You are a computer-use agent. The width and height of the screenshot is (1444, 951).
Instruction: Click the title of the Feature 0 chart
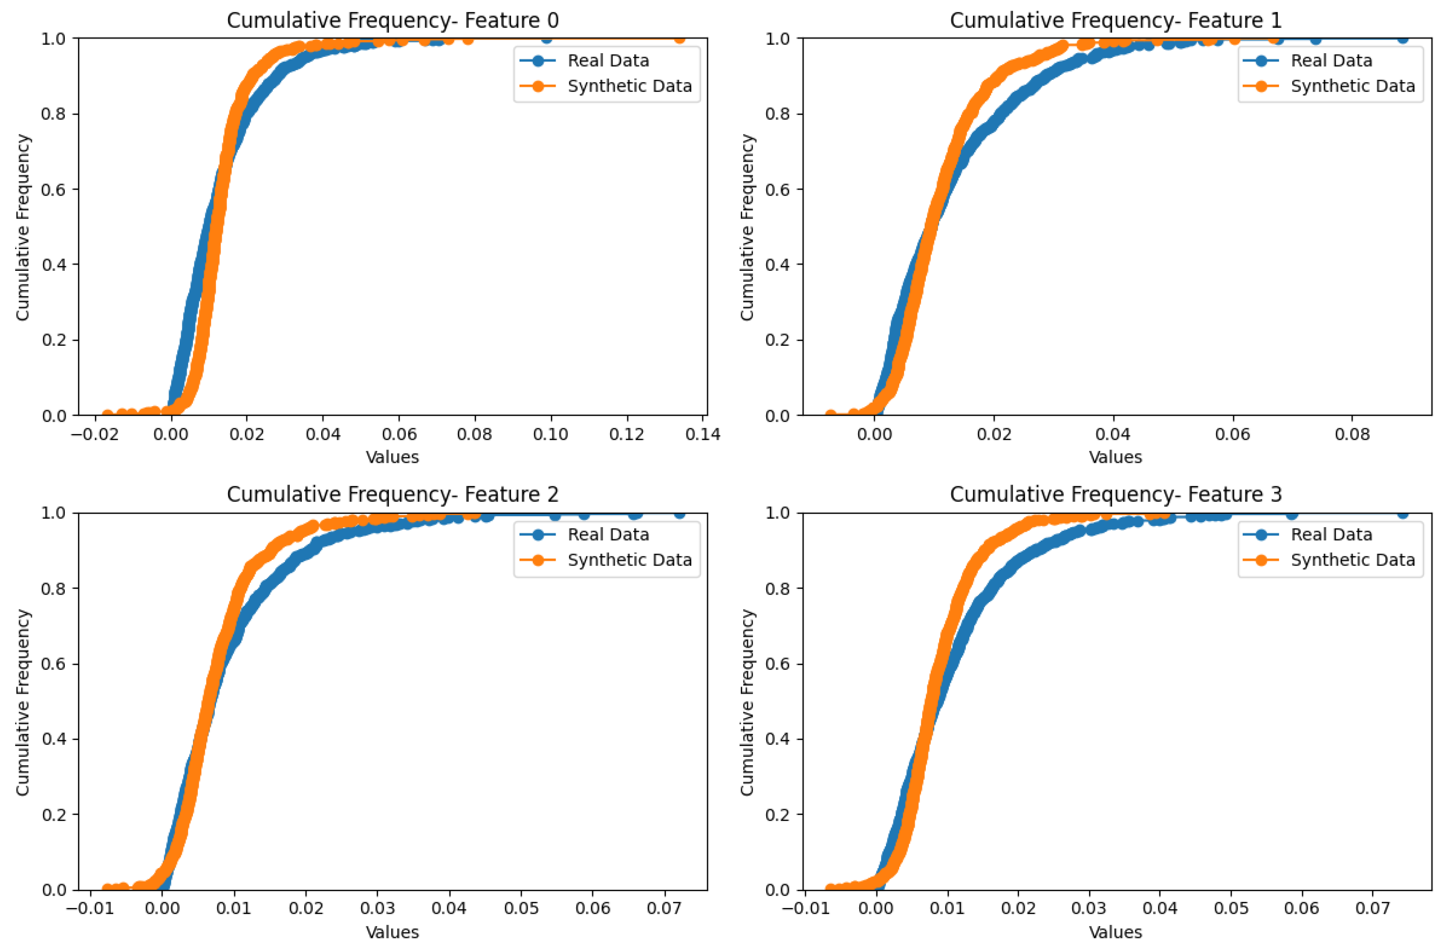pos(393,21)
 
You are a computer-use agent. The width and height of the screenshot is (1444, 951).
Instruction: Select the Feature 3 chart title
pos(1115,494)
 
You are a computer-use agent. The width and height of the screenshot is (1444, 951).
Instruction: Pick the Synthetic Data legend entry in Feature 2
pos(629,560)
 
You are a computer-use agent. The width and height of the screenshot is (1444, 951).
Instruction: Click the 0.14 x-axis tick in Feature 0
pos(703,434)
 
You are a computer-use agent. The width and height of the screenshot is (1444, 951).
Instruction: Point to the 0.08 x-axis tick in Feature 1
pos(1352,434)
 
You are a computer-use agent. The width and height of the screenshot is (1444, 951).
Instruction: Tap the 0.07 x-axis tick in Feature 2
pos(664,908)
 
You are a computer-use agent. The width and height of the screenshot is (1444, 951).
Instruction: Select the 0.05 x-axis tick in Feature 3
pos(1231,908)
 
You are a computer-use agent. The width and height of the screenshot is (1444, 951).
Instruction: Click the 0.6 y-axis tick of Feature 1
pos(777,189)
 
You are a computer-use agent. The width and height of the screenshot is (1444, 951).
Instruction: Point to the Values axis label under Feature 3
pos(1115,932)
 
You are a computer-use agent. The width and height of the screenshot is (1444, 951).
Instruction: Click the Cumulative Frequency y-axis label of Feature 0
pos(23,227)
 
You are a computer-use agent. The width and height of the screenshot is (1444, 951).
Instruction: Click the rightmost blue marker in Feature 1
pos(1403,38)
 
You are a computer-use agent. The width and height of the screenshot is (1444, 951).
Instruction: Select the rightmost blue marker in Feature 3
pos(1403,513)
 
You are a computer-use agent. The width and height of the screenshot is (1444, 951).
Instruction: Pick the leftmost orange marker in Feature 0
pos(107,415)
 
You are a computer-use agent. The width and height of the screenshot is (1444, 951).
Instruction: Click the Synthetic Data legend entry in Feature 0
pos(629,86)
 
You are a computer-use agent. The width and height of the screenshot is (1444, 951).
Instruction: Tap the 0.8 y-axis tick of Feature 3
pos(777,588)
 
